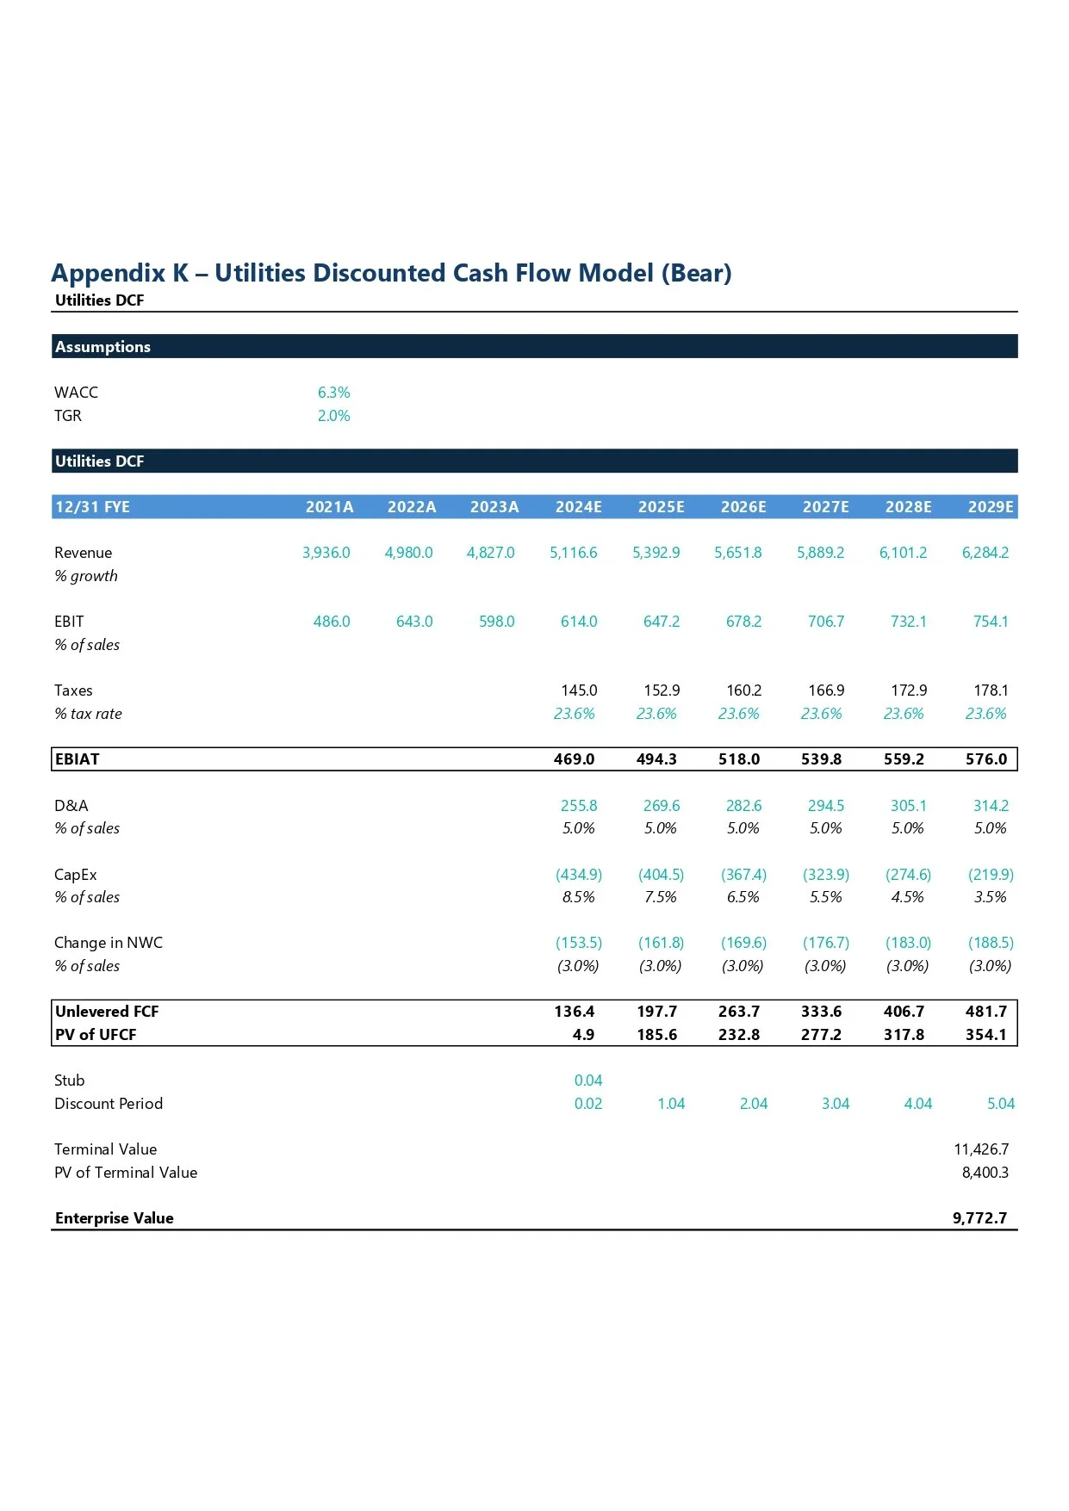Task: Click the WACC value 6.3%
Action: pyautogui.click(x=333, y=393)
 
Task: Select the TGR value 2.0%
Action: pyautogui.click(x=333, y=416)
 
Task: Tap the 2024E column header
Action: pyautogui.click(x=578, y=507)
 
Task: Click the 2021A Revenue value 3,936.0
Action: pyautogui.click(x=326, y=553)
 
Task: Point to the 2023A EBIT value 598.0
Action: pyautogui.click(x=496, y=622)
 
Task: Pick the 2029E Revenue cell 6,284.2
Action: pyautogui.click(x=985, y=553)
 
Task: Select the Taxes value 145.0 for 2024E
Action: pyautogui.click(x=579, y=690)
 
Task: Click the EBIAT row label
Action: pyautogui.click(x=78, y=759)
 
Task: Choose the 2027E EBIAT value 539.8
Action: pyautogui.click(x=821, y=759)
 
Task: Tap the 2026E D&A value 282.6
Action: pyautogui.click(x=743, y=806)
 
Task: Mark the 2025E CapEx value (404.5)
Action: pyautogui.click(x=661, y=875)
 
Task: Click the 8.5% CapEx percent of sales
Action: pyautogui.click(x=578, y=897)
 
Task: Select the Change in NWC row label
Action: pyautogui.click(x=109, y=943)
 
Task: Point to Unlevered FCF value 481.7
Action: pyautogui.click(x=985, y=1012)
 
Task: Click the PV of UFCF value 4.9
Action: pyautogui.click(x=583, y=1035)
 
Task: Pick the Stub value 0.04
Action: pyautogui.click(x=588, y=1081)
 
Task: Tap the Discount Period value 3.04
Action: pyautogui.click(x=835, y=1104)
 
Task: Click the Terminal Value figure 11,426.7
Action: pyautogui.click(x=981, y=1149)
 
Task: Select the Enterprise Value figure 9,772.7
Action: pyautogui.click(x=979, y=1218)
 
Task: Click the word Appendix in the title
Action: pyautogui.click(x=108, y=273)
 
